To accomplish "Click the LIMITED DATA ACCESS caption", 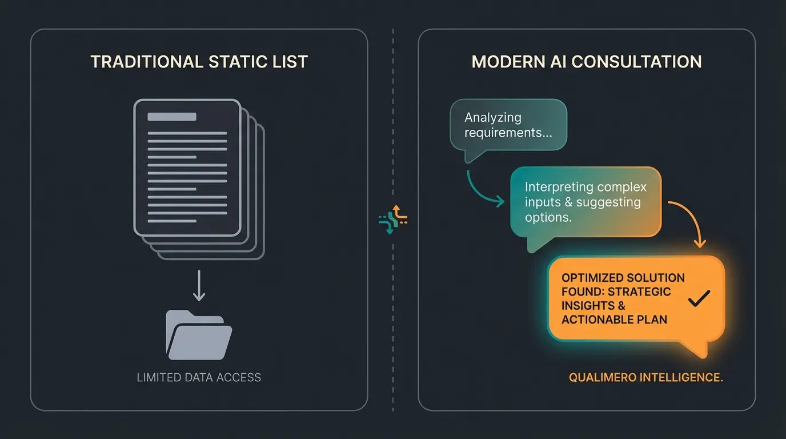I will (x=199, y=377).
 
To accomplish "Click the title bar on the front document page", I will (x=171, y=117).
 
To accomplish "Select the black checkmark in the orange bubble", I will (x=699, y=298).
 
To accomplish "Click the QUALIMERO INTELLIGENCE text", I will (x=646, y=378).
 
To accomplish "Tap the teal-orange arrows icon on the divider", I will (x=393, y=219).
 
